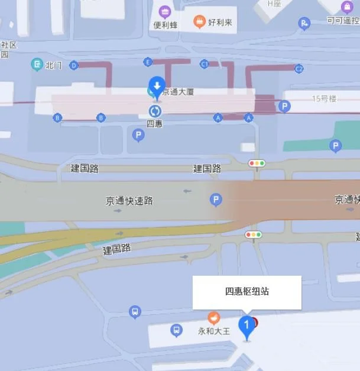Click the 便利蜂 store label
(165, 25)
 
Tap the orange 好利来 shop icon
(200, 22)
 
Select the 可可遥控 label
(343, 20)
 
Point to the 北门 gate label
(53, 65)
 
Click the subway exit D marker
(74, 65)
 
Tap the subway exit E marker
(148, 62)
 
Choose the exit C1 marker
(205, 63)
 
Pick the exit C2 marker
(299, 69)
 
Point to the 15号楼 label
(323, 98)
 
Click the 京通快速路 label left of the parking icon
(129, 201)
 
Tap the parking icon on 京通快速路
(216, 200)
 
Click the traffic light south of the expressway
(254, 235)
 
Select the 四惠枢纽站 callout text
(247, 291)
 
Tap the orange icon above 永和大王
(213, 318)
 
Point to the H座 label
(274, 4)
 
